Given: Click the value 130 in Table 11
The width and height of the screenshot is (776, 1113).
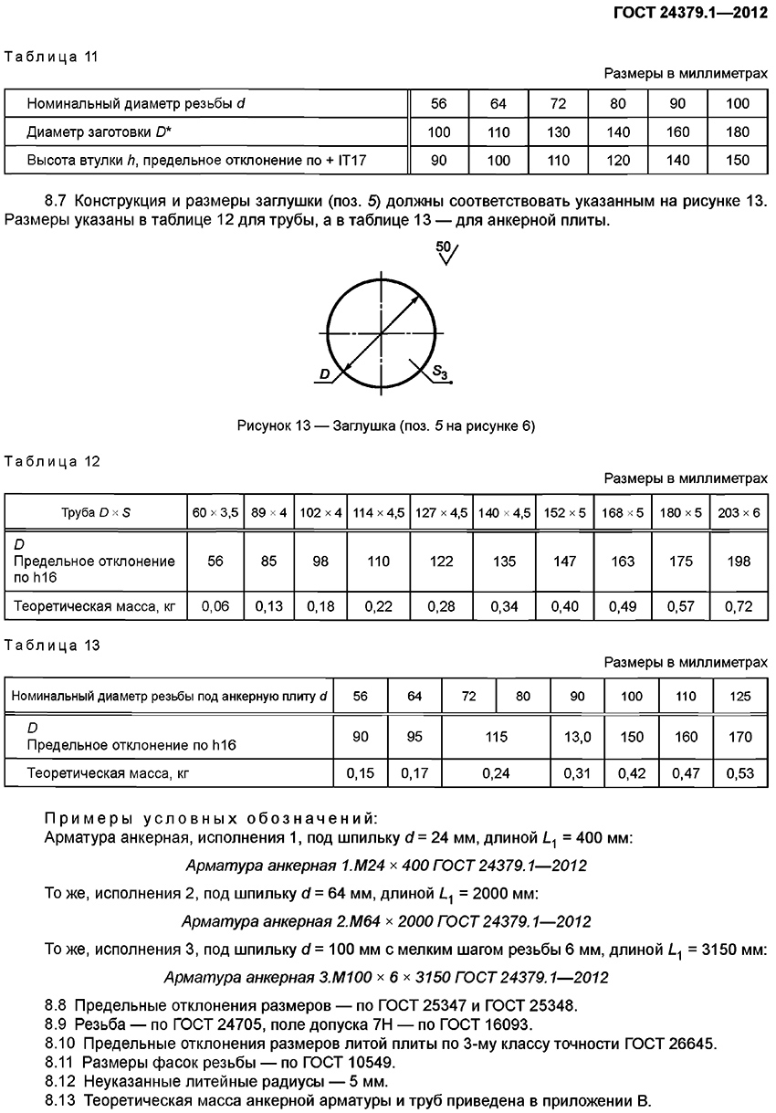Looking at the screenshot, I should (x=558, y=132).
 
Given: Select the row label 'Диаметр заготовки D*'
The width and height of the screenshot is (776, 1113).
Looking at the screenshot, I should (x=100, y=132).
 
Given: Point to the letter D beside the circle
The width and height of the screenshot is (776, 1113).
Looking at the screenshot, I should (x=325, y=373).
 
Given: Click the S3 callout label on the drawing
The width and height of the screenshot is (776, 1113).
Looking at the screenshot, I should (x=441, y=372).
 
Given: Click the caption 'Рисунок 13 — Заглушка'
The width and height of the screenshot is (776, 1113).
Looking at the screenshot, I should (x=385, y=426).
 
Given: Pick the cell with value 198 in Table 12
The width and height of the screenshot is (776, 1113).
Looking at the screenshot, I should (x=738, y=562).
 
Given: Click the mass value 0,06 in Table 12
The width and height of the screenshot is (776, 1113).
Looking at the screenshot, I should (x=215, y=604).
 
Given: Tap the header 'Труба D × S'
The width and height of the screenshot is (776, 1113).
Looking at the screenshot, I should (x=95, y=513).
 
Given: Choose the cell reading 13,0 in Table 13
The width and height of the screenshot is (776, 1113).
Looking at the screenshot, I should (x=577, y=737).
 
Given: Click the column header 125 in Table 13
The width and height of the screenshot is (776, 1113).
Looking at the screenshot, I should (x=741, y=697).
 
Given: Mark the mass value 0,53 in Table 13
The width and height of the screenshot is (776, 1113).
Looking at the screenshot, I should (x=741, y=774).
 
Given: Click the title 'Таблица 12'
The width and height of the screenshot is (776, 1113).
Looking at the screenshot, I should (x=52, y=461).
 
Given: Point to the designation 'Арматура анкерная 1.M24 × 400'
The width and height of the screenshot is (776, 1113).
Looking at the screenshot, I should (x=386, y=865).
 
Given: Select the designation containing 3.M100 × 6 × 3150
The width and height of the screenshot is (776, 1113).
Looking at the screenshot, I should (x=387, y=978).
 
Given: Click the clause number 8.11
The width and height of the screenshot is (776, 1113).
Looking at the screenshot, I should (x=59, y=1062).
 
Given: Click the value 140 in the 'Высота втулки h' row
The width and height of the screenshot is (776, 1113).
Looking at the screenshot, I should (x=676, y=161).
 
